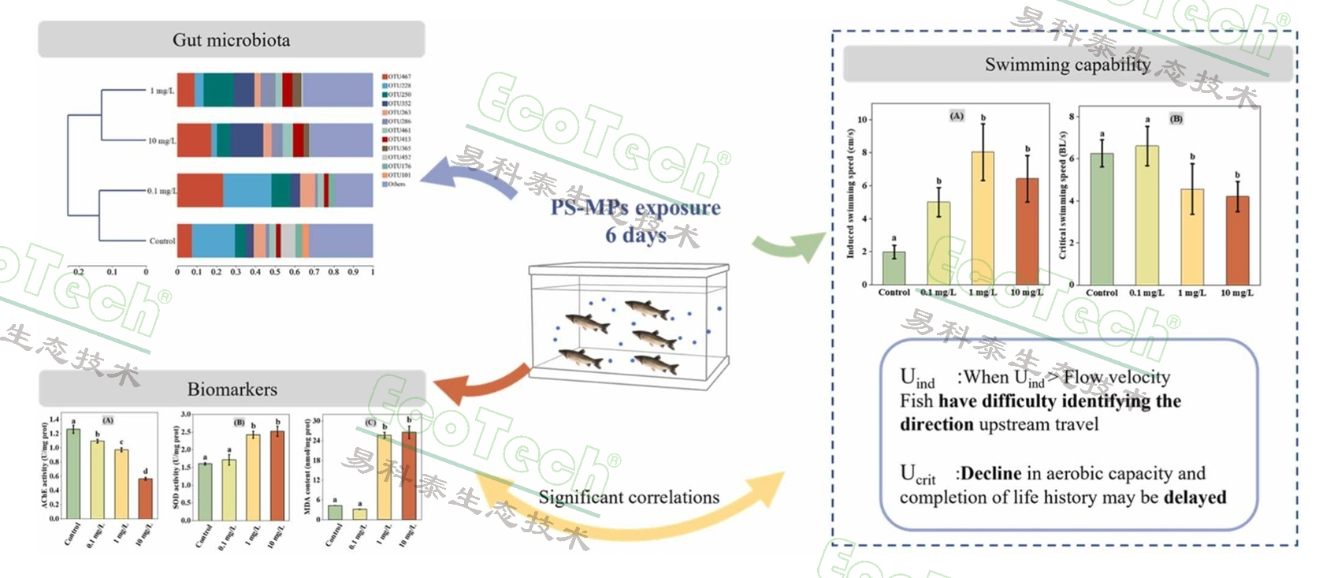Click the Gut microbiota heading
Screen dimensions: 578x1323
click(x=231, y=40)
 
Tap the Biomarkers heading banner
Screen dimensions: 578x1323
click(x=232, y=389)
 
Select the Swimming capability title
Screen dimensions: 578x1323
click(x=1067, y=65)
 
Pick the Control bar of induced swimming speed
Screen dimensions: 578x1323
click(x=894, y=268)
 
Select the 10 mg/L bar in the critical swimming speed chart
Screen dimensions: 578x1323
click(x=1237, y=240)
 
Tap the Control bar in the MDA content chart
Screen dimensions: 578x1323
click(x=335, y=513)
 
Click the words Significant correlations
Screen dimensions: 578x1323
click(x=628, y=498)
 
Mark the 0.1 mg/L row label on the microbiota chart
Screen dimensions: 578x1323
click(x=162, y=191)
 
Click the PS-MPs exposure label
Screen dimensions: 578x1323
click(x=635, y=208)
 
